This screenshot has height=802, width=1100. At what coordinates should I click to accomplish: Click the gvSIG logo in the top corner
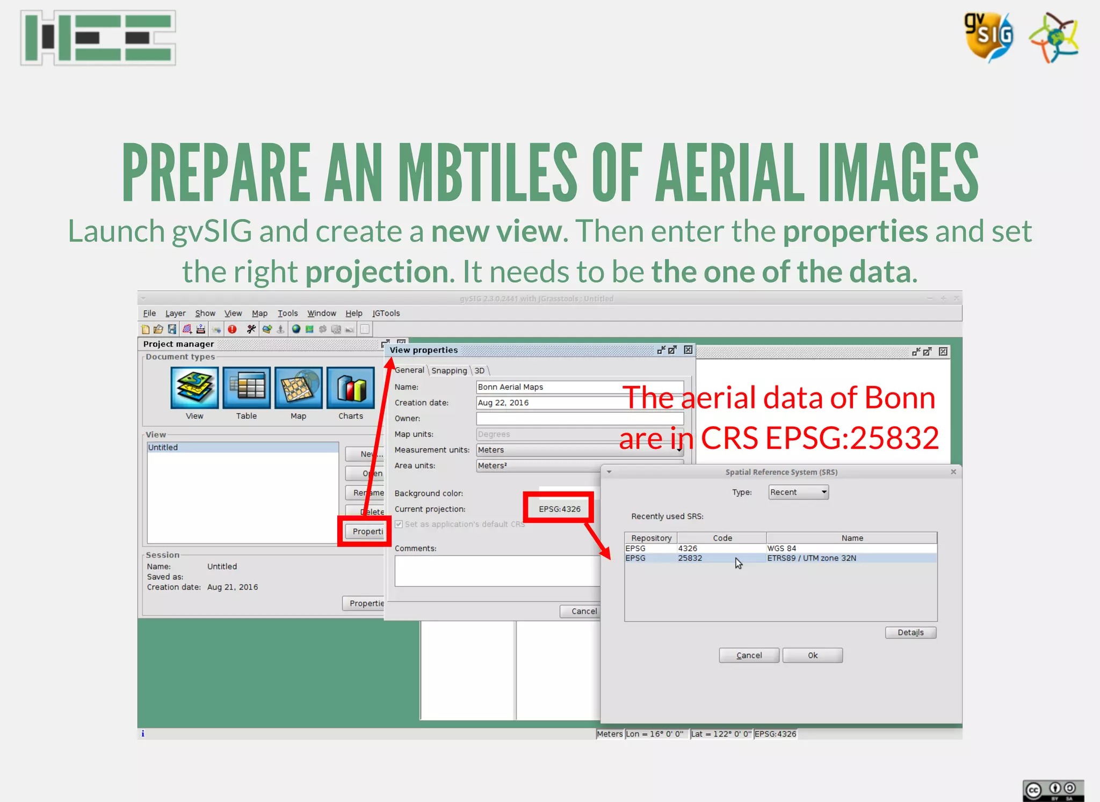989,37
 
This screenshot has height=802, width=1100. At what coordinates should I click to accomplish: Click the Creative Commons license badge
1053,790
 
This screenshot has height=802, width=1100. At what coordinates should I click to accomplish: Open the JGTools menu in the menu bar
386,313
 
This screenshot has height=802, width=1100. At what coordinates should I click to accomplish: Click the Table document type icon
247,388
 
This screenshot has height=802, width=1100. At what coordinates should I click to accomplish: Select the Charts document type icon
350,388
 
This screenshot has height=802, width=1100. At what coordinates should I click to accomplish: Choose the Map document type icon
298,388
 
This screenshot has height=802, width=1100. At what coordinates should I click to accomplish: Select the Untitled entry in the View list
163,447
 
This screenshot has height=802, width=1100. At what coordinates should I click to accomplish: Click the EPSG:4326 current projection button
559,509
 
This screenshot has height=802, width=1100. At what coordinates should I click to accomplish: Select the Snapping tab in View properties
449,370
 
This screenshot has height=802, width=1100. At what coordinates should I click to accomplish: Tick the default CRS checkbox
399,524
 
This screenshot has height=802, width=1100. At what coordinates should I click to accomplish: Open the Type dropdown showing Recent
798,492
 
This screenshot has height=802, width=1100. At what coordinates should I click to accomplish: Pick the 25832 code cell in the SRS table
690,558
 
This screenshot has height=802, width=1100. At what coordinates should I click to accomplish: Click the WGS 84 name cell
781,548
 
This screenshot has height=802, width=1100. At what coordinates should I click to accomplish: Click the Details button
910,632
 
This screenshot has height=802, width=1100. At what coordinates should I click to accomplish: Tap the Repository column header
651,538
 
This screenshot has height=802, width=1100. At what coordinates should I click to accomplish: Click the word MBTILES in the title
487,173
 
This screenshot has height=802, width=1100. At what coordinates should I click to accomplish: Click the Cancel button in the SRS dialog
749,655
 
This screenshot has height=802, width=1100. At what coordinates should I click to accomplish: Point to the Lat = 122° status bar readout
721,734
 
